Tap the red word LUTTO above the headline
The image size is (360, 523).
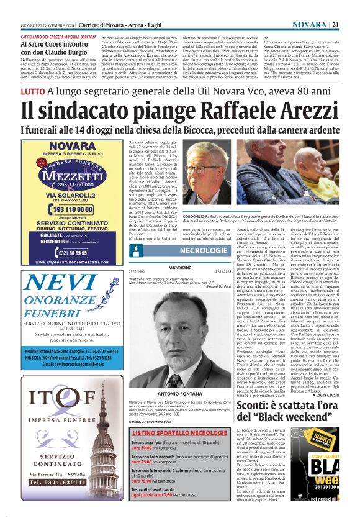pyautogui.click(x=32, y=91)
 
